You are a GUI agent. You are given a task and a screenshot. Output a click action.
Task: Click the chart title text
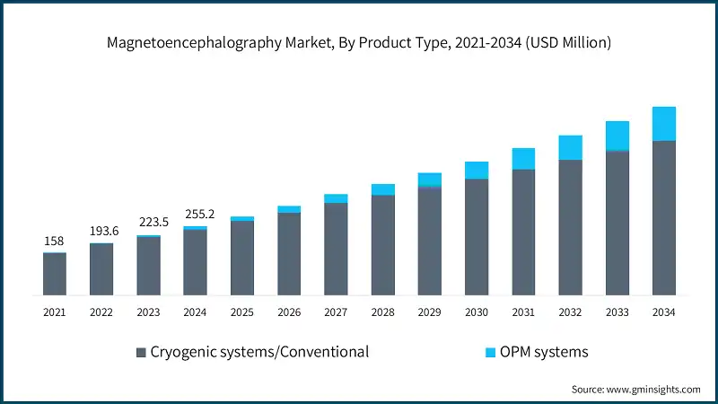click(x=359, y=41)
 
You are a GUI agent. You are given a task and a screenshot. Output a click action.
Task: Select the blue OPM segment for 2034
click(x=663, y=124)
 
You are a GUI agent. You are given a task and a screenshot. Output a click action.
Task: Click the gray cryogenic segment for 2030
click(x=477, y=237)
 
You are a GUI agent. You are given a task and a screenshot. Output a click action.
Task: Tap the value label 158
click(x=55, y=242)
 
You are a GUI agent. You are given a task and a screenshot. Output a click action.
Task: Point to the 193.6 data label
click(x=101, y=232)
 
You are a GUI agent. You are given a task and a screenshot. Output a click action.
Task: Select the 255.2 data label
click(x=195, y=215)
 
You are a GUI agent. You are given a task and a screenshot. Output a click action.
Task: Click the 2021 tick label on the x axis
click(x=55, y=312)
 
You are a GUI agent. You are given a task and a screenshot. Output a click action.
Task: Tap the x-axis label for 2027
click(x=336, y=312)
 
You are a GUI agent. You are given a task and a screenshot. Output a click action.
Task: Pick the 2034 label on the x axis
click(x=663, y=312)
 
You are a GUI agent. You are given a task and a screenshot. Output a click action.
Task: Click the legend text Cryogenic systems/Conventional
click(x=259, y=352)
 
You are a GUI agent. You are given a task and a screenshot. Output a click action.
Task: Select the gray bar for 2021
click(x=55, y=274)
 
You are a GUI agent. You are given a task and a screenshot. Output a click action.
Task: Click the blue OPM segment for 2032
click(x=570, y=147)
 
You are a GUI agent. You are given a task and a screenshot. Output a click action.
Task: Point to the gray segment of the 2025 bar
click(x=242, y=258)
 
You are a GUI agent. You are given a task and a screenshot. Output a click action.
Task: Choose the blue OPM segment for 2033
click(x=617, y=135)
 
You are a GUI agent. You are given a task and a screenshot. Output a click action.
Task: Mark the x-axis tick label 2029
click(x=429, y=312)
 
